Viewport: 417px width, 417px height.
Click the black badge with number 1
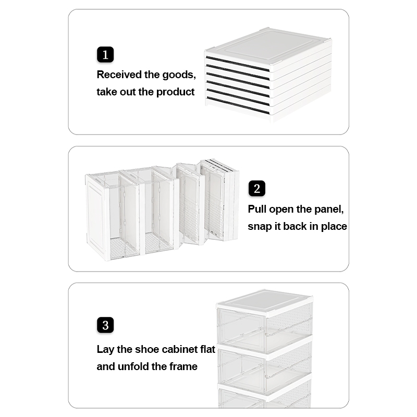[x=105, y=55]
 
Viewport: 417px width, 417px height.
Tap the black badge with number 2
[x=257, y=189]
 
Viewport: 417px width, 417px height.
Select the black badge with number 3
[x=105, y=325]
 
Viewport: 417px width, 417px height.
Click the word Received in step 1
[x=119, y=75]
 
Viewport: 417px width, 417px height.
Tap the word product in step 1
[x=175, y=92]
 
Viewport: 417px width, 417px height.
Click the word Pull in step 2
[x=257, y=210]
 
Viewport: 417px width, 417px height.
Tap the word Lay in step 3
[x=105, y=350]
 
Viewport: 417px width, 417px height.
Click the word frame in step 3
[x=183, y=367]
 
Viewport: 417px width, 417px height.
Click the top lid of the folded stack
[x=268, y=48]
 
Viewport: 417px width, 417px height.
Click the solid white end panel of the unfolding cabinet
[x=96, y=216]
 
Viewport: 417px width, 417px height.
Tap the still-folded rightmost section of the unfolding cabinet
[x=220, y=200]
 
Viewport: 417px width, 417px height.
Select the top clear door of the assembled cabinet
[x=241, y=328]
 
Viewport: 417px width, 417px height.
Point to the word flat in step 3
[x=207, y=349]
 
